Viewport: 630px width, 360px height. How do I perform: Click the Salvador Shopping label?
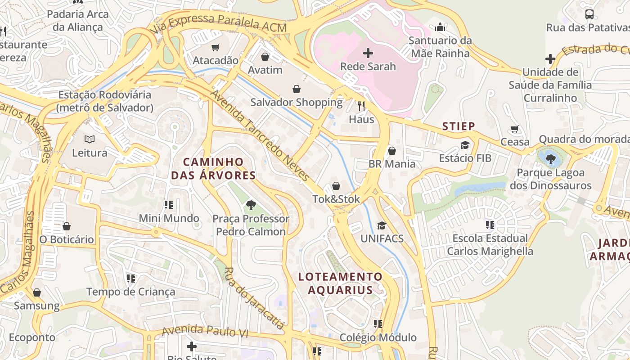click(x=297, y=102)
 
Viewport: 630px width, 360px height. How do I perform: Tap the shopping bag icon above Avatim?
click(x=265, y=57)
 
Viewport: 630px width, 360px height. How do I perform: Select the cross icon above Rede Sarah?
click(x=368, y=53)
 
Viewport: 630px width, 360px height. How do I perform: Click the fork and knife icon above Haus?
click(x=361, y=106)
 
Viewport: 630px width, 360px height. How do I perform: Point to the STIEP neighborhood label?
click(x=459, y=126)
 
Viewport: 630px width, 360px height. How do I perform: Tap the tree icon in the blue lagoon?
click(x=550, y=158)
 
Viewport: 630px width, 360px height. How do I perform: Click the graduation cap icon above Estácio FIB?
click(x=465, y=145)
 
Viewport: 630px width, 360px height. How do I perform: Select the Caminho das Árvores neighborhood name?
click(x=213, y=169)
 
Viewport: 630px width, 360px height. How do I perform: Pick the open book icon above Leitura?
click(x=90, y=139)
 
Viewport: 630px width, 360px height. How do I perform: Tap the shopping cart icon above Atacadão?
click(x=216, y=47)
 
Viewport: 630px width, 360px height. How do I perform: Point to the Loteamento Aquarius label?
click(x=341, y=283)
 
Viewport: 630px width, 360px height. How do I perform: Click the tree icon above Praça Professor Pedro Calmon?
click(x=251, y=205)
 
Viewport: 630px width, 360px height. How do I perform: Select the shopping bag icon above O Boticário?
click(x=67, y=226)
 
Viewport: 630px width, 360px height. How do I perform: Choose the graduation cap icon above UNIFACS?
click(x=382, y=225)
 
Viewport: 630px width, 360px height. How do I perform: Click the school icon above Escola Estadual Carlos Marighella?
click(x=490, y=225)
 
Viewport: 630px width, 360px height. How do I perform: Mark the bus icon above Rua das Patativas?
click(x=589, y=14)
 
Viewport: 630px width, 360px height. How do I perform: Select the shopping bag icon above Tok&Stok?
click(x=336, y=186)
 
